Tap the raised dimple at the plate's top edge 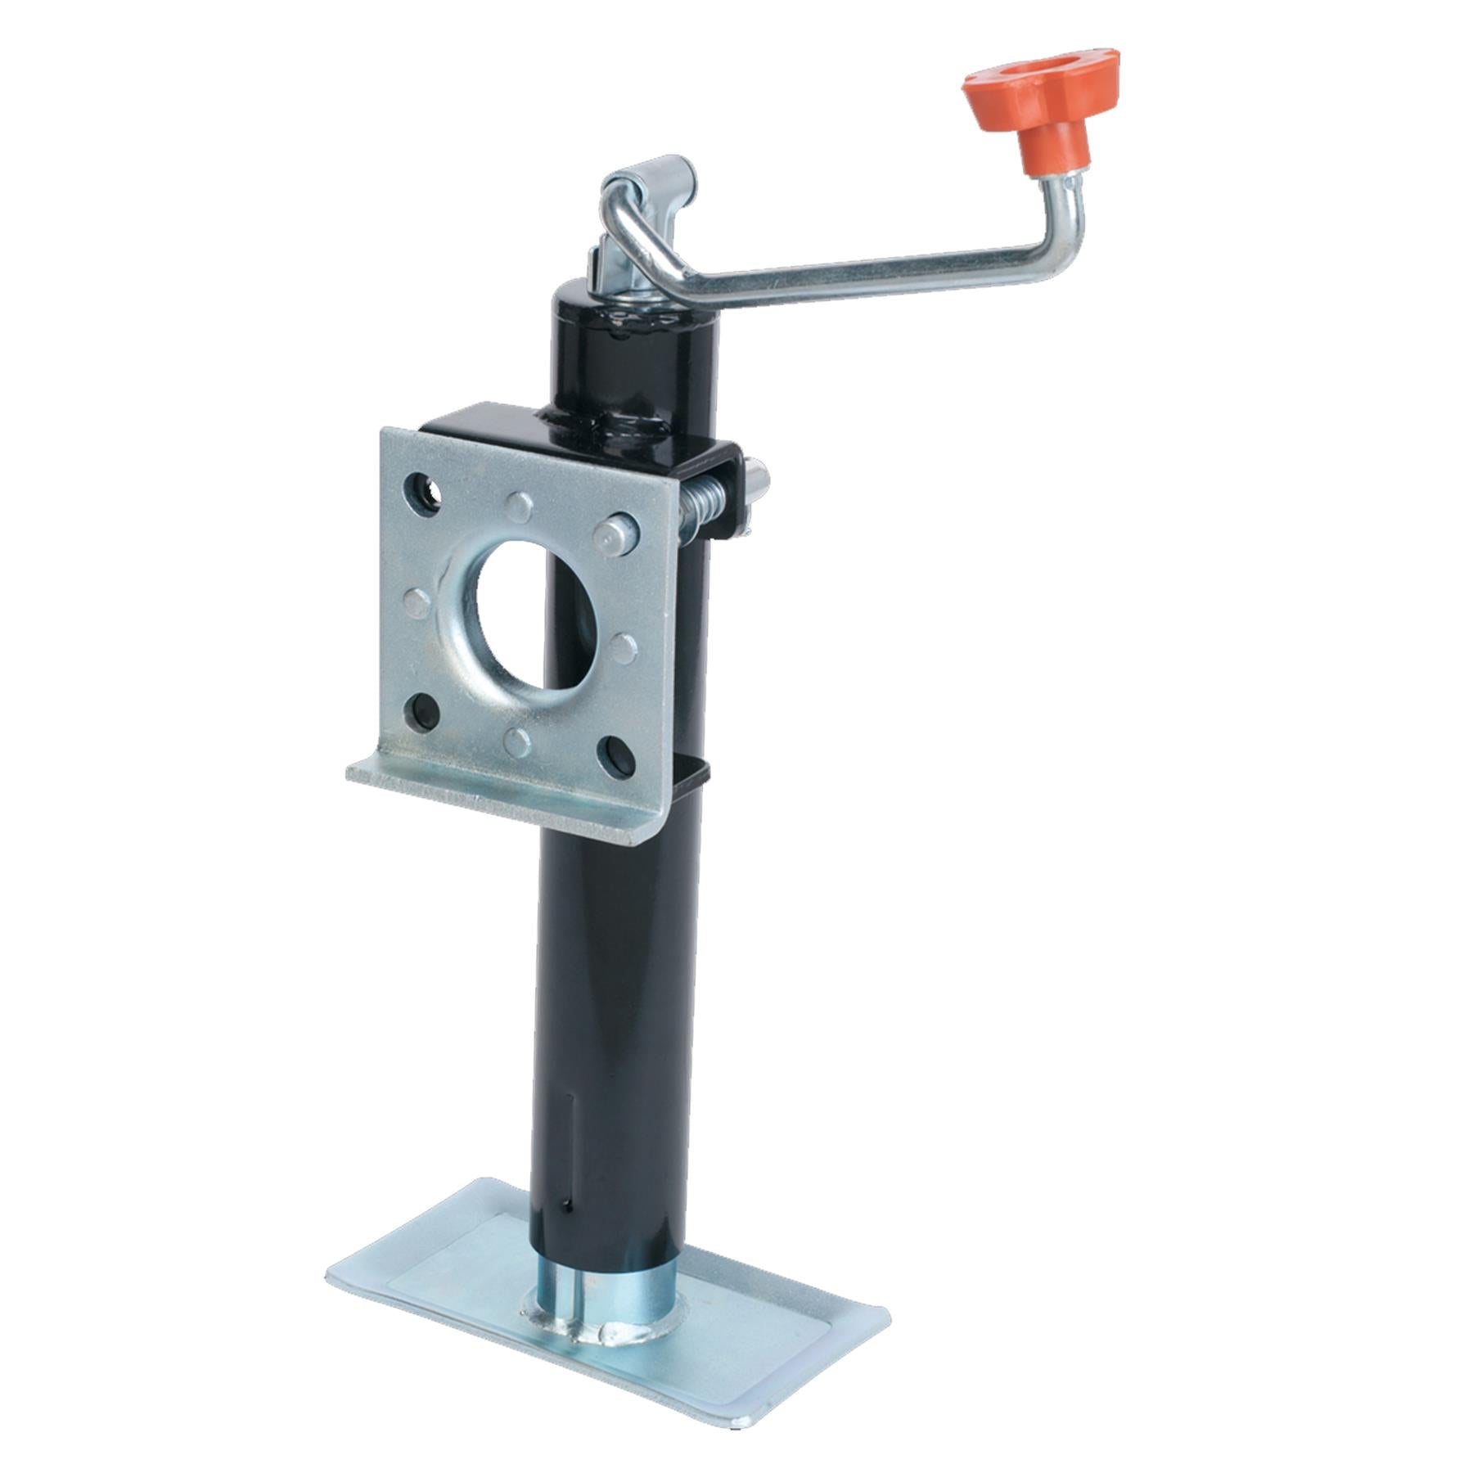(519, 507)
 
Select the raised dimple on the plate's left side (417, 603)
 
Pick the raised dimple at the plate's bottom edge (517, 741)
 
